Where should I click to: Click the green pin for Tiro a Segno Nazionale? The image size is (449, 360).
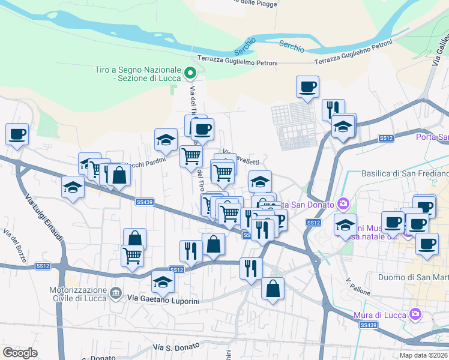click(x=190, y=74)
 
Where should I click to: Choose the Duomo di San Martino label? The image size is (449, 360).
click(x=414, y=277)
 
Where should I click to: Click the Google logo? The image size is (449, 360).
click(x=20, y=352)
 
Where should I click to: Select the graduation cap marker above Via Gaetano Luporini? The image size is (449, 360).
click(x=163, y=280)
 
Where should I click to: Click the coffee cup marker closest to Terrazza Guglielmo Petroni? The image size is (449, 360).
click(x=307, y=86)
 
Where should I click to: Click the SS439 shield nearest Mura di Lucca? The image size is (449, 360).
click(x=368, y=325)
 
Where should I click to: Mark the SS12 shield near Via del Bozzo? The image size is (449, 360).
click(x=42, y=265)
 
